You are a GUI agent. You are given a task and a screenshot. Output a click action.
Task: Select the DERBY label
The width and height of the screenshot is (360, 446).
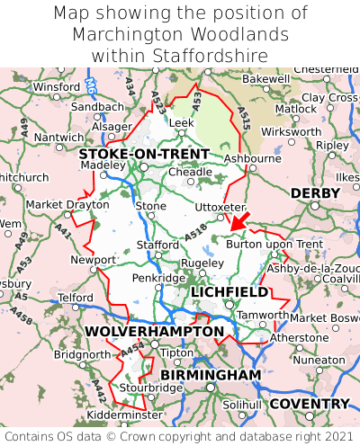click(x=314, y=193)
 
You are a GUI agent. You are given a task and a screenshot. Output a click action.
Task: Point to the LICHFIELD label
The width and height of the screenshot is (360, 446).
click(x=229, y=292)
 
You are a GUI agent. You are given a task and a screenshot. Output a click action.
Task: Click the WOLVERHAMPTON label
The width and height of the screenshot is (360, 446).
click(x=154, y=332)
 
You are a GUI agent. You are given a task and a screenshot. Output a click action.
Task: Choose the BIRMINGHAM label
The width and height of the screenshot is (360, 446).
click(x=211, y=374)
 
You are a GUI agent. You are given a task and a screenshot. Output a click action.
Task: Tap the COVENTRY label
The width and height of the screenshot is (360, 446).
click(x=309, y=404)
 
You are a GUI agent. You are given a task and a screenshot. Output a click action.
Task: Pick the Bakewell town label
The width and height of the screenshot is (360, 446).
click(x=266, y=79)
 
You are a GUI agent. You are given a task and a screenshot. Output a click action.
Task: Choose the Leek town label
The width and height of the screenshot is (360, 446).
click(x=182, y=121)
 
